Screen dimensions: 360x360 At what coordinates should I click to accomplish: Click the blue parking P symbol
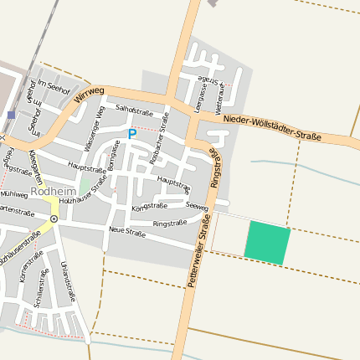(x=131, y=133)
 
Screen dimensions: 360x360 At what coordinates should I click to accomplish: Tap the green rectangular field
(x=267, y=243)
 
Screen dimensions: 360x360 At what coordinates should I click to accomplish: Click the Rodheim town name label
(x=54, y=191)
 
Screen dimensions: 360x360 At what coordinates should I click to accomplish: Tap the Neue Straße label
(x=127, y=232)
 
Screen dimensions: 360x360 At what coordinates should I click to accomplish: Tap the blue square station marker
(x=11, y=115)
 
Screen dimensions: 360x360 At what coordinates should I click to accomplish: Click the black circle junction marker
(x=54, y=219)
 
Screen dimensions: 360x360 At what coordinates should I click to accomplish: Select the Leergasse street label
(x=201, y=92)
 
